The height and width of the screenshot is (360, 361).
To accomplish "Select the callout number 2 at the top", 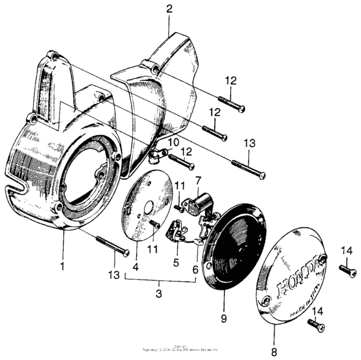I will click(169, 9).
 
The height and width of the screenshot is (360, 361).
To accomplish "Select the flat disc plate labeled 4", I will click(143, 212).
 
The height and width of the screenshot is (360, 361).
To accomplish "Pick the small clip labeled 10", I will click(155, 154).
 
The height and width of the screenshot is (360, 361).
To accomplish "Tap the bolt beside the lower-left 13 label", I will click(110, 246).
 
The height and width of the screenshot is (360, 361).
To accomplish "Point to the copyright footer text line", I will click(180, 357).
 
